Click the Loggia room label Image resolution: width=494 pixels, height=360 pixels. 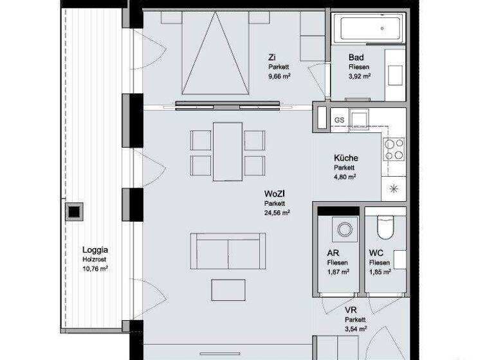click(95, 250)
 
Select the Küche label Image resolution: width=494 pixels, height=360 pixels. click(345, 158)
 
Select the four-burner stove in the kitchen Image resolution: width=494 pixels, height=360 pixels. click(394, 149)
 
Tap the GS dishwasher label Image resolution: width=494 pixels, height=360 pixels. click(339, 120)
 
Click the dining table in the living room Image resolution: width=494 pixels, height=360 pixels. click(228, 151)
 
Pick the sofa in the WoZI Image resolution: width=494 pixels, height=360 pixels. click(228, 251)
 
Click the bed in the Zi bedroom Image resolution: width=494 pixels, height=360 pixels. click(215, 55)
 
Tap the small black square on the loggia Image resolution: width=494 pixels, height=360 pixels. click(75, 211)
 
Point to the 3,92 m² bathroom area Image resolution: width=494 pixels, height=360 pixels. click(359, 76)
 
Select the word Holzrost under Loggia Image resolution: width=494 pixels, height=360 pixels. click(95, 260)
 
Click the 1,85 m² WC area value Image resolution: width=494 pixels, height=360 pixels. click(380, 272)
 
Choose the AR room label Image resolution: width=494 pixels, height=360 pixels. click(333, 253)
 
